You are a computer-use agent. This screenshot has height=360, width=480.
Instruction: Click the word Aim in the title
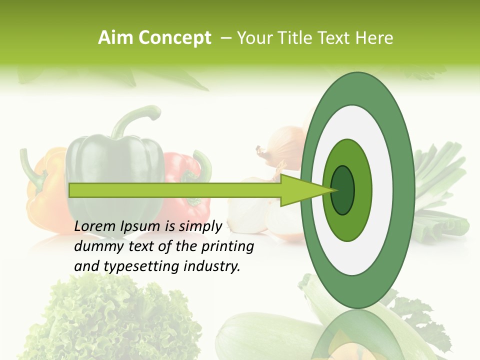[x=116, y=38]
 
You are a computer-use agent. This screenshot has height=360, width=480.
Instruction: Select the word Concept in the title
[x=174, y=38]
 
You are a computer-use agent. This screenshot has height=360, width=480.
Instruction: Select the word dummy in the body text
[x=93, y=246]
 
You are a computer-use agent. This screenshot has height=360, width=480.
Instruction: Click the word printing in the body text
[x=227, y=247]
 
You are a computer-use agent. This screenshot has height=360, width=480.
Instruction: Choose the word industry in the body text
[x=213, y=266]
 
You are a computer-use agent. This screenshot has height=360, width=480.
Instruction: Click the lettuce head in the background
[x=115, y=320]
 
